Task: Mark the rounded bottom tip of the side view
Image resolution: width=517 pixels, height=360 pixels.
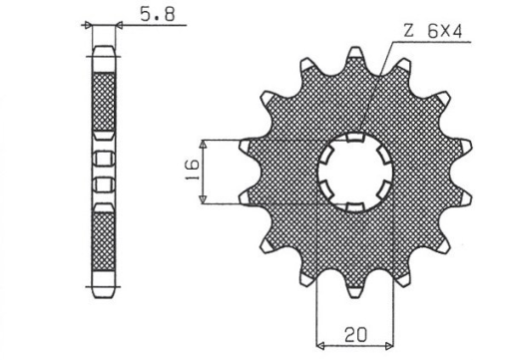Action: [x=105, y=296]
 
